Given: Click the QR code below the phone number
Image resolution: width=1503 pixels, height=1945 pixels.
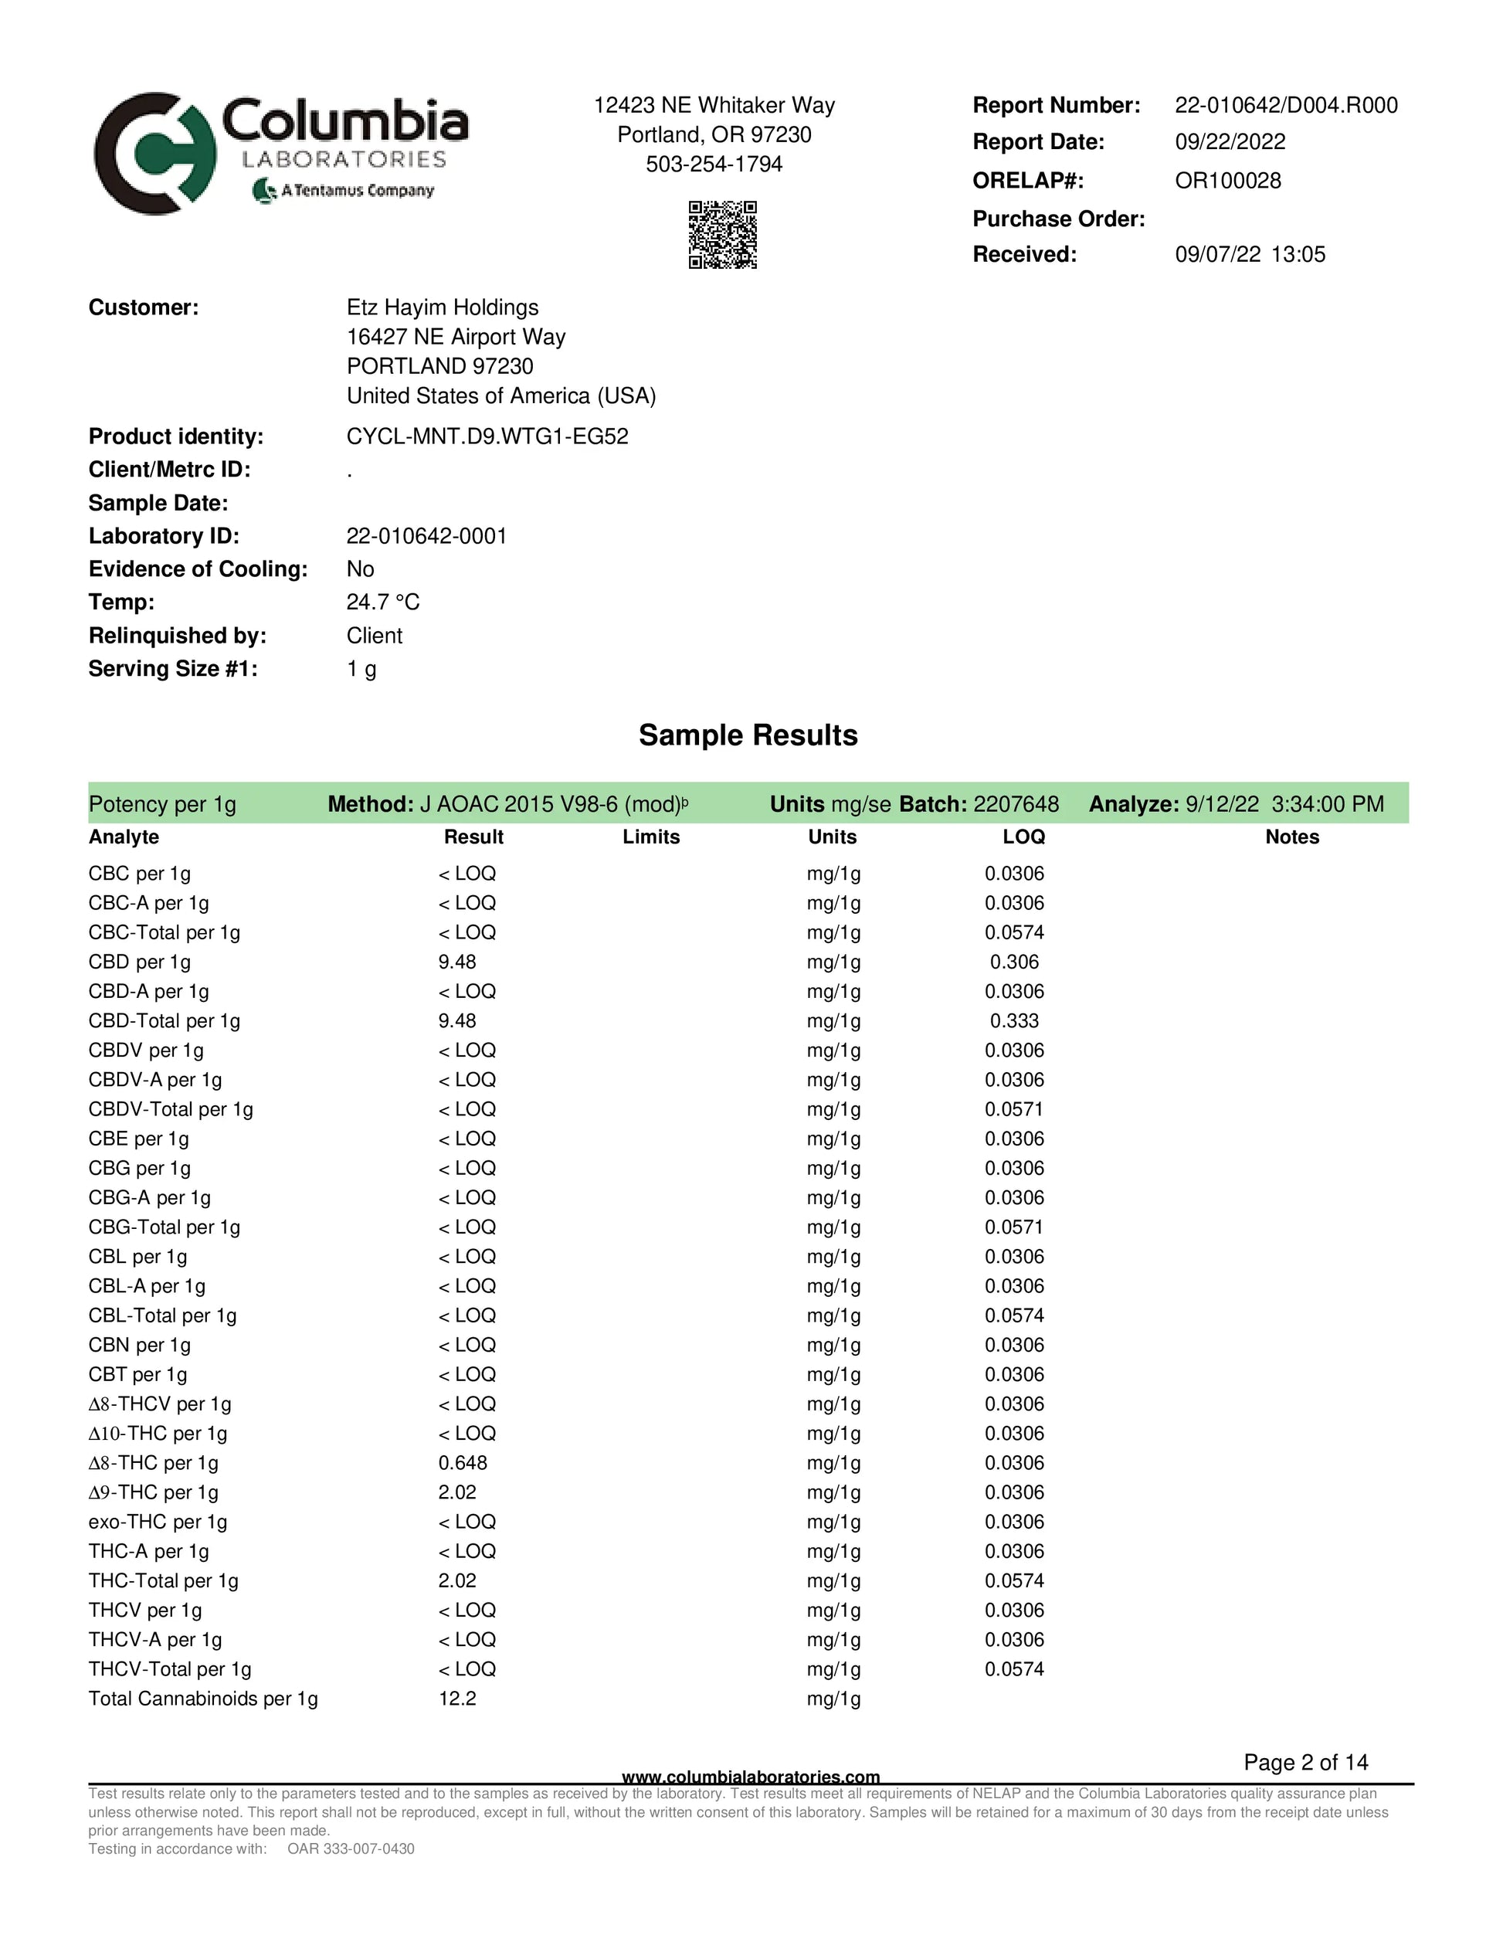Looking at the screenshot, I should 722,234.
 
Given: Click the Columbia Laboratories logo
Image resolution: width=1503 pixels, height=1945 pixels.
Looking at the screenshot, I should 281,152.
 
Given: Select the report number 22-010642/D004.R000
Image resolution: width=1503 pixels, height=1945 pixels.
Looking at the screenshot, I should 1286,105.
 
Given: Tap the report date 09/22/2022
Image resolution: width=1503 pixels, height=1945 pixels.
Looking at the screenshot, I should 1230,142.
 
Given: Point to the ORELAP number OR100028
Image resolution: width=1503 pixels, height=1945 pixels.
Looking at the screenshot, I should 1228,181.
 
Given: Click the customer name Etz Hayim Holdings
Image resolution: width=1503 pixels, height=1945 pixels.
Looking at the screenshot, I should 443,307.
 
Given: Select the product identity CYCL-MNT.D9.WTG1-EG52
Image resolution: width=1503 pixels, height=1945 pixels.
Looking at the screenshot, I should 487,436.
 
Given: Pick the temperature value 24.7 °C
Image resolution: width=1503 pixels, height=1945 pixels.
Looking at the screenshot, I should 383,602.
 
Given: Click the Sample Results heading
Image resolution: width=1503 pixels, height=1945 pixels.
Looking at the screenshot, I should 748,735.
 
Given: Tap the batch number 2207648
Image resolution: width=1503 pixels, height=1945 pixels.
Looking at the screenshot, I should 1016,804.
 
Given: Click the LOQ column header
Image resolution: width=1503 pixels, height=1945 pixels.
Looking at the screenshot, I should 1023,837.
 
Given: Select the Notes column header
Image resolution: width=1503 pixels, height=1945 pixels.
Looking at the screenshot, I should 1292,837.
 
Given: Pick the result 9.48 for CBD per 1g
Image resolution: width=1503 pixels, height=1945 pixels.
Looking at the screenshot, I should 456,962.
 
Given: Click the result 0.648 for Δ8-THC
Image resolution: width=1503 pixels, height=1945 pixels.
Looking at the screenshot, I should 462,1462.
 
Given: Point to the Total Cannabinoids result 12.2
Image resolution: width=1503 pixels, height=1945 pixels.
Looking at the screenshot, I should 456,1699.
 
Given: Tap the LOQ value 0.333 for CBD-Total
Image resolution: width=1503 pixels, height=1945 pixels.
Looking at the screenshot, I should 1014,1020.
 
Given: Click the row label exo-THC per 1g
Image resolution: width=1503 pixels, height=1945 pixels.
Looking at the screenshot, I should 158,1521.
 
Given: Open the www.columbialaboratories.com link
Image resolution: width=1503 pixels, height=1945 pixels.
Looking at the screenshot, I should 751,1777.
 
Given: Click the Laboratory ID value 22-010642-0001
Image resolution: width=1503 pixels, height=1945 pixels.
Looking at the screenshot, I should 426,536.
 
